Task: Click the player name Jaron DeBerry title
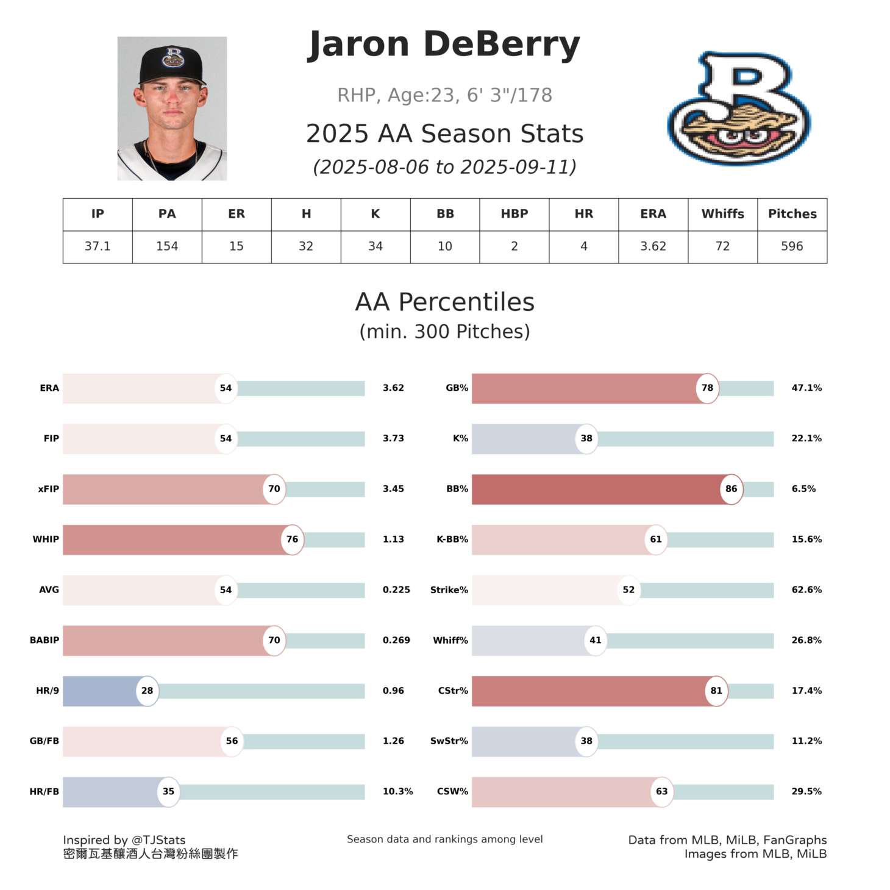[x=444, y=45]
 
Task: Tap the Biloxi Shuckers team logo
[x=739, y=109]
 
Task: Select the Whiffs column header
[x=722, y=214]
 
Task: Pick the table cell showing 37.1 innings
[x=98, y=246]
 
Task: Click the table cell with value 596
[x=792, y=246]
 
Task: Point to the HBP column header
[x=514, y=214]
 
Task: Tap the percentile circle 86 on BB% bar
[x=731, y=489]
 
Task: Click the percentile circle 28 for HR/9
[x=147, y=691]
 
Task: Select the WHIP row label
[x=46, y=539]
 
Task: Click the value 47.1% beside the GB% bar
[x=806, y=388]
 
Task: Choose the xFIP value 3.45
[x=393, y=489]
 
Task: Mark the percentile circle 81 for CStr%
[x=716, y=691]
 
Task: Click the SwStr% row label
[x=449, y=741]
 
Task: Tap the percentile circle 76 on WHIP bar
[x=292, y=539]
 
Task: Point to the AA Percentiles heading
[x=444, y=302]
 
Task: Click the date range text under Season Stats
[x=444, y=167]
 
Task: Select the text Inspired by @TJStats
[x=124, y=840]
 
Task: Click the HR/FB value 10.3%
[x=397, y=792]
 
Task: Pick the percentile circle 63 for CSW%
[x=661, y=792]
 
